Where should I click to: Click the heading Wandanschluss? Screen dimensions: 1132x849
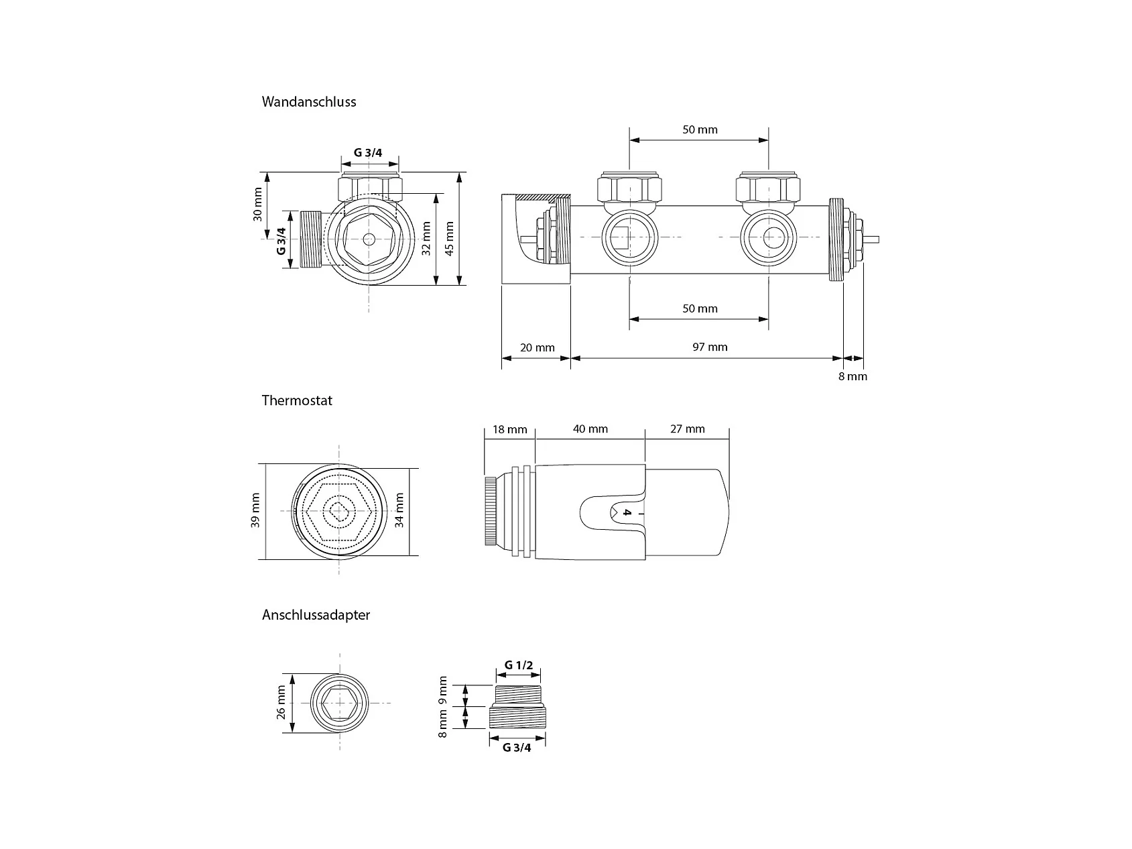pyautogui.click(x=309, y=102)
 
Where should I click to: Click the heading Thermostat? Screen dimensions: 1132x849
pyautogui.click(x=297, y=400)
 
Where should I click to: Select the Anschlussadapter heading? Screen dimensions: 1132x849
pyautogui.click(x=316, y=615)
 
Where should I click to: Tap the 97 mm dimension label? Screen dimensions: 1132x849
pyautogui.click(x=710, y=347)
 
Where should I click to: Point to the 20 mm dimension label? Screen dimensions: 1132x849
pyautogui.click(x=538, y=347)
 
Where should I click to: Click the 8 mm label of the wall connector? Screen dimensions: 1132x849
pyautogui.click(x=853, y=376)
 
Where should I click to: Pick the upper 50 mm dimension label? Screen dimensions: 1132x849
pyautogui.click(x=700, y=129)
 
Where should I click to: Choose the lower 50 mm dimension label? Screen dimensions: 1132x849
pyautogui.click(x=700, y=308)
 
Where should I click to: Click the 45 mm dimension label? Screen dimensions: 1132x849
pyautogui.click(x=450, y=239)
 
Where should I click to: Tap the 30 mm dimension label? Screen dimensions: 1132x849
pyautogui.click(x=258, y=205)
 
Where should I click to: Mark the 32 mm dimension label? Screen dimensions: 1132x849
pyautogui.click(x=426, y=239)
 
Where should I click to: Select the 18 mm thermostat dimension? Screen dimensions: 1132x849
pyautogui.click(x=510, y=429)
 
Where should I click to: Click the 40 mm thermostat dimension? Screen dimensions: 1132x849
pyautogui.click(x=590, y=429)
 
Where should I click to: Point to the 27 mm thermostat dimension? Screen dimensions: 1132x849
pyautogui.click(x=688, y=429)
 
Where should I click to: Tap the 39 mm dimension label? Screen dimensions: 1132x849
pyautogui.click(x=255, y=510)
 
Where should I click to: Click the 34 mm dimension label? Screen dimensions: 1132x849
pyautogui.click(x=400, y=510)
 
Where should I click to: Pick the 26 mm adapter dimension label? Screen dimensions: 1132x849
pyautogui.click(x=281, y=702)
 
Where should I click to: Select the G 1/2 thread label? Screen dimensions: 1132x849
pyautogui.click(x=519, y=665)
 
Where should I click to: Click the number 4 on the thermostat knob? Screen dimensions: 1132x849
pyautogui.click(x=627, y=513)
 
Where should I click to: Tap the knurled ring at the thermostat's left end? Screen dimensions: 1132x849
pyautogui.click(x=491, y=511)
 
